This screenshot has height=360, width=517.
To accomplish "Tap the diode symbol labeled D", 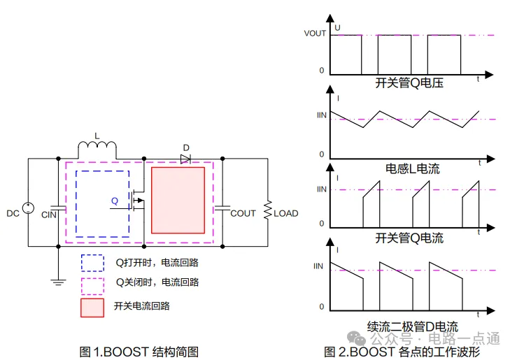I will [x=185, y=159].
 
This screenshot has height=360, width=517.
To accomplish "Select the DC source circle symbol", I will [x=29, y=208].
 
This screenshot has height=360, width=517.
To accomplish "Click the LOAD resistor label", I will [x=285, y=213].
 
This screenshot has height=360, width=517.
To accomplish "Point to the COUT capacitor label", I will [x=243, y=213].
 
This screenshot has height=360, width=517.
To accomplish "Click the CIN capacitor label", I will [x=49, y=214].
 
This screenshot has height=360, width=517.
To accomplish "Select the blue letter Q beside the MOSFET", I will [x=115, y=201].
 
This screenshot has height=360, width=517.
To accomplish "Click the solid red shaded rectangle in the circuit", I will [x=178, y=200].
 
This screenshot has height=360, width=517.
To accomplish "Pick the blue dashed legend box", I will [x=92, y=262].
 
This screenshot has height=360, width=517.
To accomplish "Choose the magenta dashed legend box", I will [x=92, y=285].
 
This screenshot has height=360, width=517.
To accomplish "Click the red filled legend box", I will [x=92, y=307].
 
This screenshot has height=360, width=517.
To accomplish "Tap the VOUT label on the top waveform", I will [x=315, y=34].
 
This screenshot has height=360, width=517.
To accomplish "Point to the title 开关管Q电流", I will [x=409, y=238].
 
